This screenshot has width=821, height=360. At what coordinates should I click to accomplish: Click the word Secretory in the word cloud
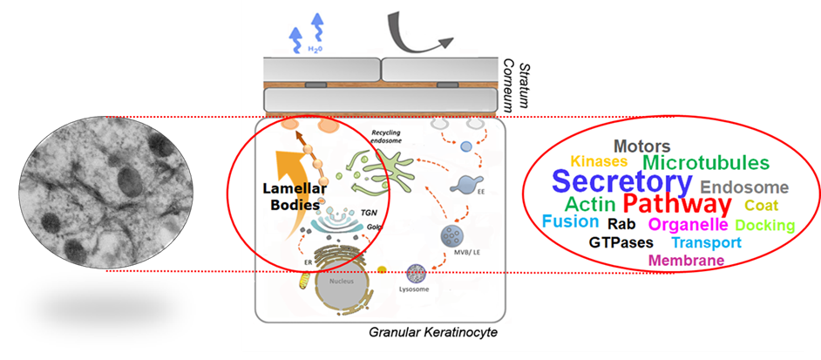(x=622, y=182)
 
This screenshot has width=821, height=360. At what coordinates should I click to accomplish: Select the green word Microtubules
(x=706, y=163)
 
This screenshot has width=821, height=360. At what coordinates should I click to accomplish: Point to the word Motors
(x=641, y=146)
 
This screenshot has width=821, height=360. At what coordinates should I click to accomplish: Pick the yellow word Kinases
(x=599, y=161)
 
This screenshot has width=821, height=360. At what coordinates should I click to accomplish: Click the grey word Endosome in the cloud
(x=744, y=187)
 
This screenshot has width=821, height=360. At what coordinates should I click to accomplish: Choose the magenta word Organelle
(x=689, y=225)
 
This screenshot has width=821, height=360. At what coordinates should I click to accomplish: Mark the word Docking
(x=765, y=226)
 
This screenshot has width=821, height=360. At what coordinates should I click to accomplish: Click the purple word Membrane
(x=686, y=260)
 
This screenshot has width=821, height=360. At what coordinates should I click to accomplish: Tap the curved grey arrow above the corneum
(x=419, y=31)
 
